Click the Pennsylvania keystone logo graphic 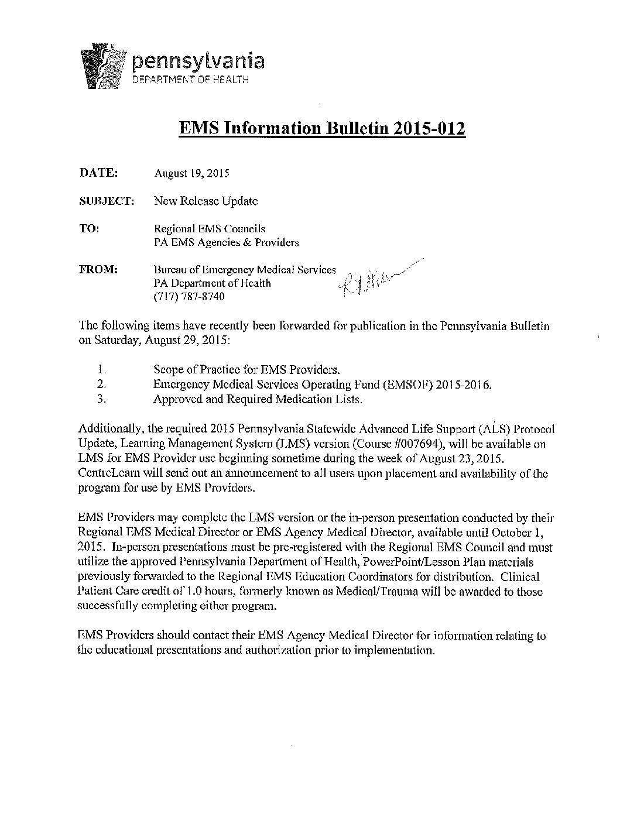(103, 68)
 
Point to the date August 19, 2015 (191, 173)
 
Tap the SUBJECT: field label (107, 201)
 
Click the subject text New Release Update (206, 201)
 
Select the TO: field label (89, 228)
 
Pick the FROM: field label (98, 270)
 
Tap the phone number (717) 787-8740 (189, 297)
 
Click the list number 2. (101, 384)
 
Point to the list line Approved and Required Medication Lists (258, 399)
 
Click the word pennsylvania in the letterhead (198, 60)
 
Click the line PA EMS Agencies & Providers (226, 242)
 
